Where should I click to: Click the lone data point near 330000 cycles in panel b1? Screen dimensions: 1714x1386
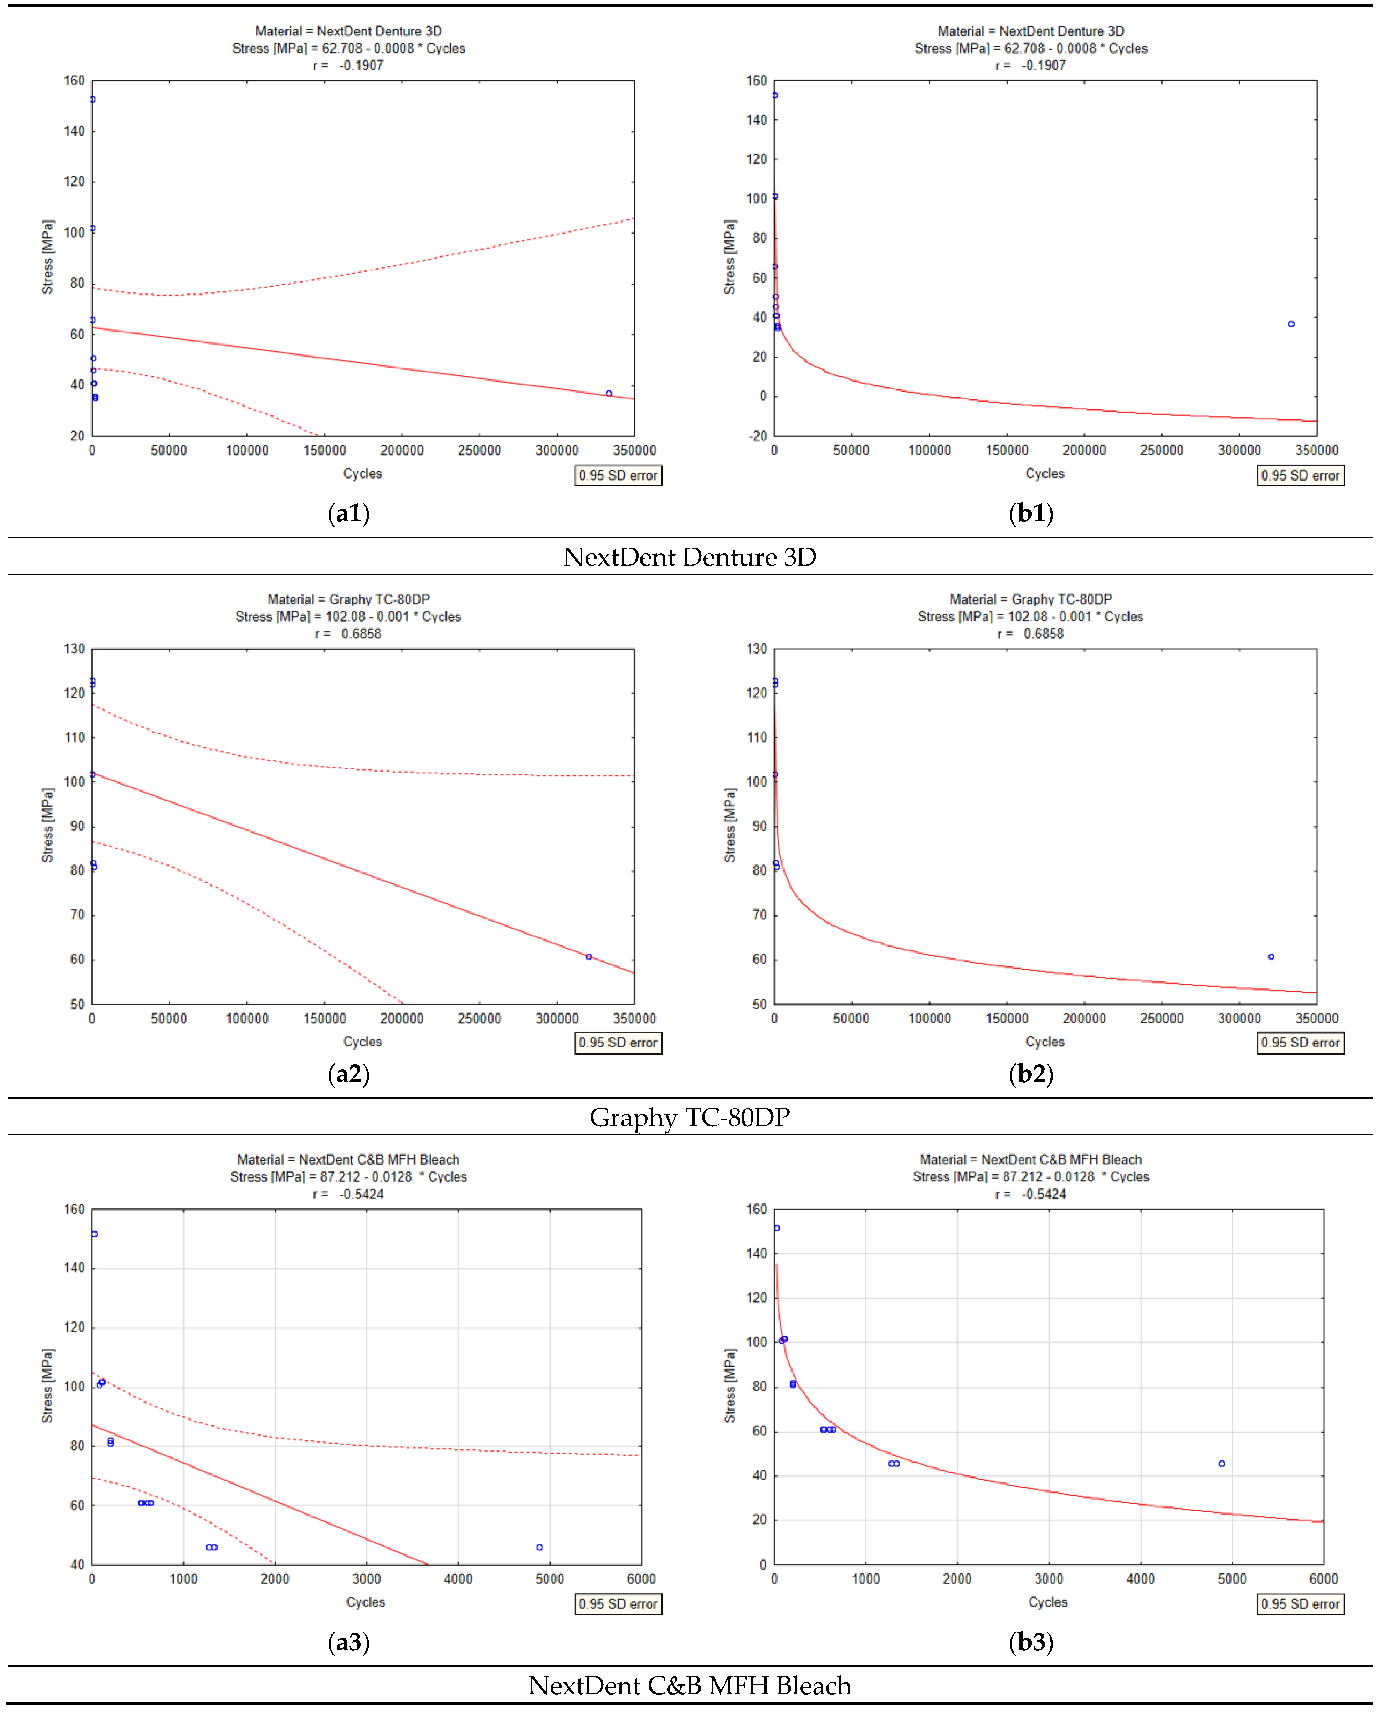coord(1291,324)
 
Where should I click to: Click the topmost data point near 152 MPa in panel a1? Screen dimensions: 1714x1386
coord(93,100)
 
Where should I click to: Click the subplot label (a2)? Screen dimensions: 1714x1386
coord(349,1074)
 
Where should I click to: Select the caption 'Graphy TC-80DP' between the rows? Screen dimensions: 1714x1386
coord(690,1117)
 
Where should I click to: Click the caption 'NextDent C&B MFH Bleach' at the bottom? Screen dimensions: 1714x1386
coord(690,1685)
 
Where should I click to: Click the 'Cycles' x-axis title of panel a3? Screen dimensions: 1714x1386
coord(365,1602)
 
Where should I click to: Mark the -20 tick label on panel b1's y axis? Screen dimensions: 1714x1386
coord(757,436)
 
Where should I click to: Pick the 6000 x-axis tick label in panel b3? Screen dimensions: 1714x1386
coord(1323,1579)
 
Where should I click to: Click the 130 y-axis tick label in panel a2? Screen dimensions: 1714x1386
coord(74,649)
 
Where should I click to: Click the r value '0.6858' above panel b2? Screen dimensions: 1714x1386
coord(1044,634)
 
